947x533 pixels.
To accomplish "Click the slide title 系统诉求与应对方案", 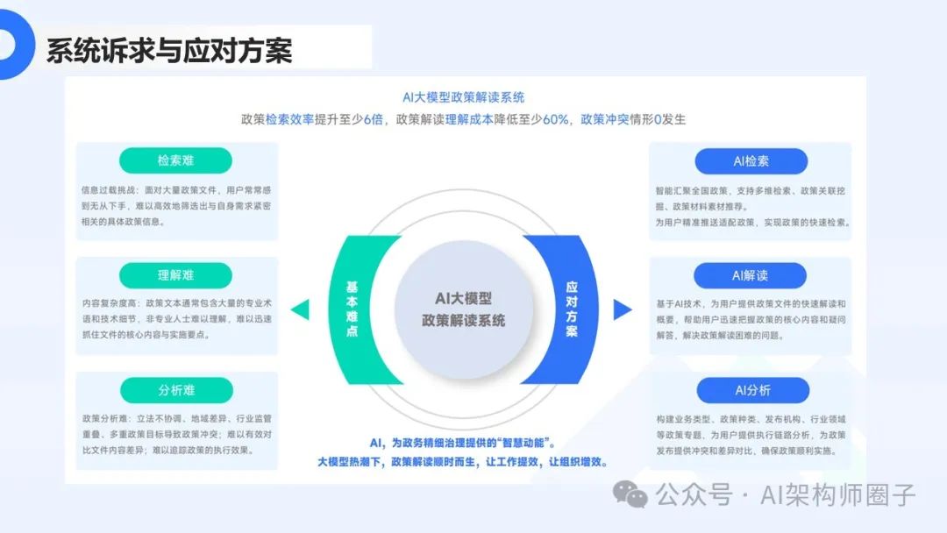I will (168, 50).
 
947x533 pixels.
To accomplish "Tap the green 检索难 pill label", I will (176, 160).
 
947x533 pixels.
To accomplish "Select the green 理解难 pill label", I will (176, 275).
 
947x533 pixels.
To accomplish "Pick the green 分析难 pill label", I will (176, 390).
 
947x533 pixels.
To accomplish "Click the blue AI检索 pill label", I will (751, 160).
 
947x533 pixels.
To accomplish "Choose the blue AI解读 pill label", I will (751, 275).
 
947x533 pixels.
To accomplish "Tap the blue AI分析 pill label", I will (751, 390).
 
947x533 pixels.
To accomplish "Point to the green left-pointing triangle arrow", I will (301, 309).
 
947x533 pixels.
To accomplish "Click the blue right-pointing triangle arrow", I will (623, 309).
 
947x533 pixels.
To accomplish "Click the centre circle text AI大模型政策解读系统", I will (463, 309).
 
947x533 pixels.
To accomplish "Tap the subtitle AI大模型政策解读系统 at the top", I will (463, 97).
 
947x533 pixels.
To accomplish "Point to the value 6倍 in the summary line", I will (373, 119).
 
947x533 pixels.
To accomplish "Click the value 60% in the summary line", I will (556, 119).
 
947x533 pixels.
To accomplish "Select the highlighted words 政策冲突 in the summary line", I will (605, 119).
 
